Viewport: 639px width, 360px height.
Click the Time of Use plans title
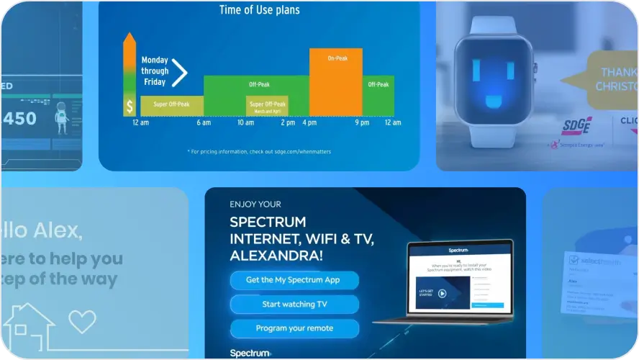pyautogui.click(x=259, y=10)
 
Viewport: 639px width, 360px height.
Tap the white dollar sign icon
pyautogui.click(x=130, y=107)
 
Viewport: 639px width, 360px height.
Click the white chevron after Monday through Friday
pyautogui.click(x=180, y=72)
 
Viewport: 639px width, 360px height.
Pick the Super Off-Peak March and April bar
pyautogui.click(x=267, y=107)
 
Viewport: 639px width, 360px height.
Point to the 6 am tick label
pyautogui.click(x=203, y=123)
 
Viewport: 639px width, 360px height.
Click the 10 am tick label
pyautogui.click(x=245, y=123)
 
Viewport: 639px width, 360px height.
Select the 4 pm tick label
pyautogui.click(x=309, y=123)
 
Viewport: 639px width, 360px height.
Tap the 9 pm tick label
pyautogui.click(x=362, y=123)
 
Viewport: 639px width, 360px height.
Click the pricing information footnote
pyautogui.click(x=259, y=151)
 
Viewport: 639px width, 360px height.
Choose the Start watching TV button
pyautogui.click(x=294, y=304)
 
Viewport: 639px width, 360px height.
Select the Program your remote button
pyautogui.click(x=294, y=328)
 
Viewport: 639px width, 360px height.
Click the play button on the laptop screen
pyautogui.click(x=442, y=293)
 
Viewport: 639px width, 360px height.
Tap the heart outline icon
pyautogui.click(x=82, y=320)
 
